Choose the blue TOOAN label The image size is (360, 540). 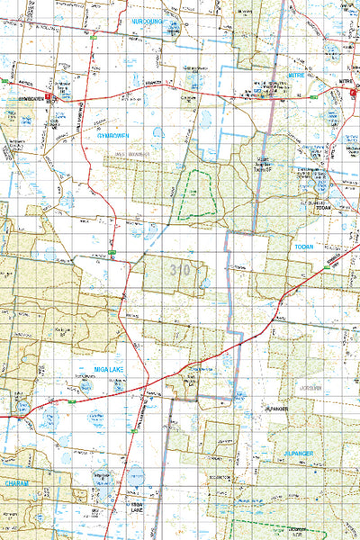click(x=303, y=245)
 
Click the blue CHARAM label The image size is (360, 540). click(x=16, y=482)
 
